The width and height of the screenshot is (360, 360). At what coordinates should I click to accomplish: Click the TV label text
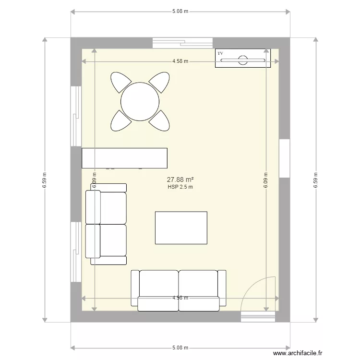(220, 53)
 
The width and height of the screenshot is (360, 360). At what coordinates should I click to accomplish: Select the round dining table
(140, 101)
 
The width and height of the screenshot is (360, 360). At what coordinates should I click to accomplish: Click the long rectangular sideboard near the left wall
(124, 158)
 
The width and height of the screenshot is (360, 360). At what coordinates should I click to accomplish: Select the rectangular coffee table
(181, 228)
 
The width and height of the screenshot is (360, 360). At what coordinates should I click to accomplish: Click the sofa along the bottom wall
(179, 288)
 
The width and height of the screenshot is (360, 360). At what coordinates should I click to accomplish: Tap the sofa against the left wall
(106, 224)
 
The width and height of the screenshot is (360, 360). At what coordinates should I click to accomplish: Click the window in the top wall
(182, 43)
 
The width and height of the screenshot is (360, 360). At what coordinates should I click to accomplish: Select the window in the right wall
(284, 158)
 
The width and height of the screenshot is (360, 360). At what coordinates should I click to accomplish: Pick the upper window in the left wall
(76, 116)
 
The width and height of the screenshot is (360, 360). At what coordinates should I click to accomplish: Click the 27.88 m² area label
(180, 180)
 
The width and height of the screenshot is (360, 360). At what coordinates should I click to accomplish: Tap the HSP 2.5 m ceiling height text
(180, 187)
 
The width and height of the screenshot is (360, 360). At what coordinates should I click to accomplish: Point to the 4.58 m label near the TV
(180, 61)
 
